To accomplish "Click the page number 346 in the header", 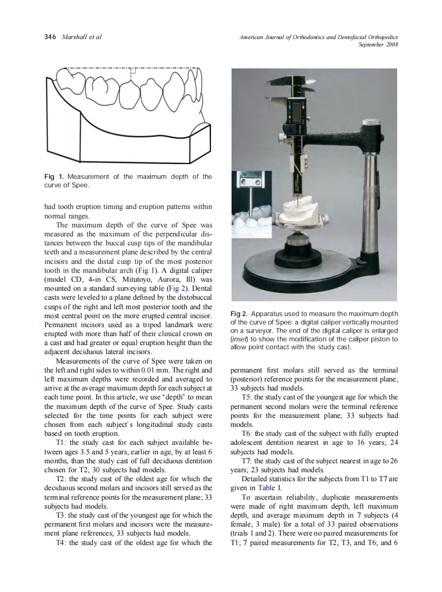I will (51, 37).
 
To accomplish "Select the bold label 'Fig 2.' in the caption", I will (240, 314).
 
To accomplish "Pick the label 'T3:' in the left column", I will (61, 515).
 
